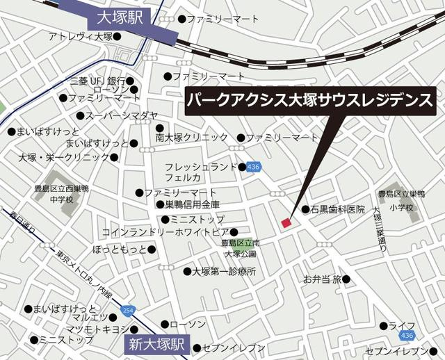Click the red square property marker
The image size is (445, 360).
(285, 222)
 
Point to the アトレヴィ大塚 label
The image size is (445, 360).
(81, 36)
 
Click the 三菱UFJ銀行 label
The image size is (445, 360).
(96, 81)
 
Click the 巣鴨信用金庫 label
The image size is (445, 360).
(192, 205)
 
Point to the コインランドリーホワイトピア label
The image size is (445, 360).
(165, 231)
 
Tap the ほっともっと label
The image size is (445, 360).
(120, 249)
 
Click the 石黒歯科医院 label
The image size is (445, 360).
(337, 209)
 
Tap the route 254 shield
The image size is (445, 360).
(127, 310)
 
